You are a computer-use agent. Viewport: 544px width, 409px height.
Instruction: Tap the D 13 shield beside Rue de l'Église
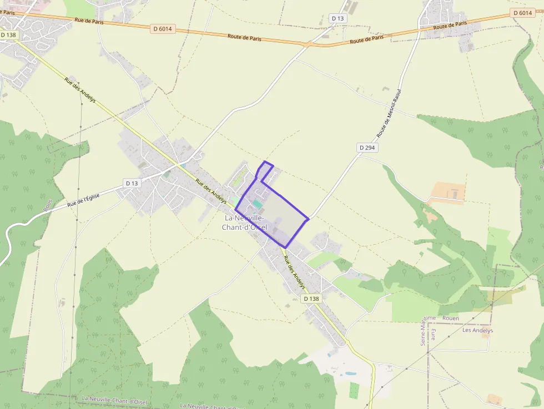pos(132,183)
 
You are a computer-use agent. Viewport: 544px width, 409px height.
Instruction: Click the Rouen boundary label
pos(451,318)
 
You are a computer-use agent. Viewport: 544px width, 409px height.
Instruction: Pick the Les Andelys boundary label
pos(477,330)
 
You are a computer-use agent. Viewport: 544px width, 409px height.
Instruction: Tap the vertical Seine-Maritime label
pos(424,330)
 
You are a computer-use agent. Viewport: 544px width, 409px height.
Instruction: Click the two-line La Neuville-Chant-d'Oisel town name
pos(244,223)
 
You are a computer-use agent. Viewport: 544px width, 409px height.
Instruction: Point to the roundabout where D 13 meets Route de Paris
pos(307,43)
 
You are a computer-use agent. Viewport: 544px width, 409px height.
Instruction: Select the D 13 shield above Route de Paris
pos(338,18)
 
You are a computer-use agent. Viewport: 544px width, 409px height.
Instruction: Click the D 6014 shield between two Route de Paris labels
pos(163,29)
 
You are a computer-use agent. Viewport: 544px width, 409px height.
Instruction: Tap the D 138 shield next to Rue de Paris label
pos(9,34)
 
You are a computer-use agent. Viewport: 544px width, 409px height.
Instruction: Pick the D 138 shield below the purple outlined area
pos(311,299)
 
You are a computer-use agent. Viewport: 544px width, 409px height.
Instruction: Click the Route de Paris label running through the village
pos(450,26)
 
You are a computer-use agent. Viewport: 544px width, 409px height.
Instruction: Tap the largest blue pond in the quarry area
pos(350,373)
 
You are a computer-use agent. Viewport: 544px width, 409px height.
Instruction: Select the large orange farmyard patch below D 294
pos(447,193)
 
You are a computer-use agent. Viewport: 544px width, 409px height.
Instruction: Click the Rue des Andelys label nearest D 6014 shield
pos(80,90)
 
